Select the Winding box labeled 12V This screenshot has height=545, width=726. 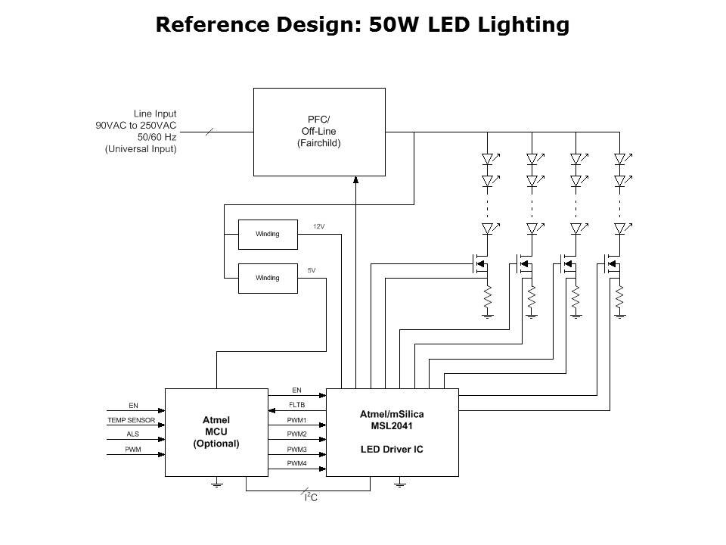267,234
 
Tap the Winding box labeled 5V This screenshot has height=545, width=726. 267,278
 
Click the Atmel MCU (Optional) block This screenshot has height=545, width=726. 216,432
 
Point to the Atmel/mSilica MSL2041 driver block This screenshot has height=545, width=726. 392,432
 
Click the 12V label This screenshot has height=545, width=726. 318,226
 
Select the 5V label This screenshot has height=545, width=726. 312,270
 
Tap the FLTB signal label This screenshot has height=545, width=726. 296,405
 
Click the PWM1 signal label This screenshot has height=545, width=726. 296,419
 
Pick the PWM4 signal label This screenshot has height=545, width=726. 296,462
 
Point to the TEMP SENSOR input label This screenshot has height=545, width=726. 131,419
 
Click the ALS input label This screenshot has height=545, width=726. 132,434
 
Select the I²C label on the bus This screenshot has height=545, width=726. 311,498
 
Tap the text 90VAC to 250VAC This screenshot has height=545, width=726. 136,126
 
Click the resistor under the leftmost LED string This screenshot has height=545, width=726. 488,298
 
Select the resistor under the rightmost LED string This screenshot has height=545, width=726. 619,298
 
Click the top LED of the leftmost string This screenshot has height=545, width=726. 488,160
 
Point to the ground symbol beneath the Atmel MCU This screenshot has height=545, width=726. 216,482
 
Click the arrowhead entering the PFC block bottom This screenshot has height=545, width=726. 355,179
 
